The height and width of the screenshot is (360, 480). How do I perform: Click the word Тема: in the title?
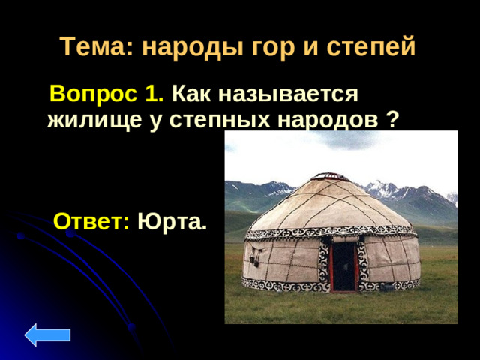96,48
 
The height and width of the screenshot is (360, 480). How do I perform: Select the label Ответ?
92,222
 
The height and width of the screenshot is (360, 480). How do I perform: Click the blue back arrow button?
47,334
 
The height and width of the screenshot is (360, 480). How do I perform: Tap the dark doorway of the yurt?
345,266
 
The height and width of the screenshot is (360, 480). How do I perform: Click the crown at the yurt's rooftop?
330,177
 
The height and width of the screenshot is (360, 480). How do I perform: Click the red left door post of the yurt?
331,265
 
